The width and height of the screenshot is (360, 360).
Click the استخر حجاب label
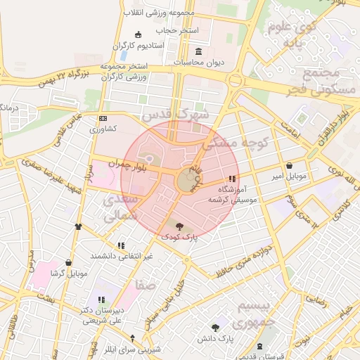pos(177,31)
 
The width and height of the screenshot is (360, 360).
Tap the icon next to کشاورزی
pos(103,118)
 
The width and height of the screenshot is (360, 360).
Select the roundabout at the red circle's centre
pos(186,181)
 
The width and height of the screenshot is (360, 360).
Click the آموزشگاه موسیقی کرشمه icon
pos(233,179)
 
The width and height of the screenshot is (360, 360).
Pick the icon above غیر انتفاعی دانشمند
pos(121,245)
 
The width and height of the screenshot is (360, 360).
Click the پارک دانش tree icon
pos(215,328)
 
